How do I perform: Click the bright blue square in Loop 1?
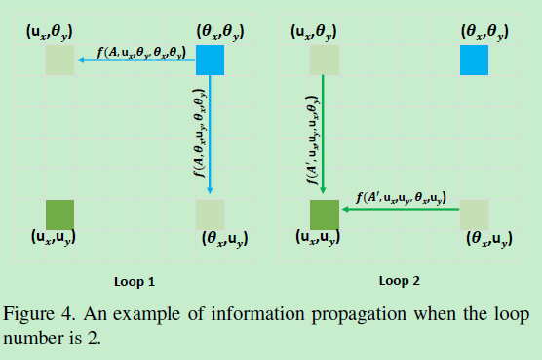[211, 60]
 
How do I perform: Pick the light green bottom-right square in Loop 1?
[211, 214]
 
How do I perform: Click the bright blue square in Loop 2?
[475, 60]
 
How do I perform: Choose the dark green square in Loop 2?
[325, 214]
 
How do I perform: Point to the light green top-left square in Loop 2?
[325, 60]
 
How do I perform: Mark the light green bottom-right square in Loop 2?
[475, 214]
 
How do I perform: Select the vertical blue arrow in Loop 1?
[211, 137]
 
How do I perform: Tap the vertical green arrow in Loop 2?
[325, 137]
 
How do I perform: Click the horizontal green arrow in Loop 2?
[400, 208]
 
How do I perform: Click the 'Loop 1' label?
[135, 281]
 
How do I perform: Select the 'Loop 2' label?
[400, 281]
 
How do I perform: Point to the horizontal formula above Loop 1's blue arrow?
[139, 50]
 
